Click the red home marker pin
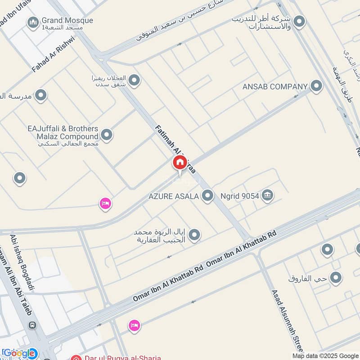[x=179, y=163]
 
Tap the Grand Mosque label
[x=67, y=21]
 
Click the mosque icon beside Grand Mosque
[x=33, y=22]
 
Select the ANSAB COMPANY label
[x=274, y=86]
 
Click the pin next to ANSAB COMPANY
[x=316, y=86]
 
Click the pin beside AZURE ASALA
[x=207, y=196]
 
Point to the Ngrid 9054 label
[x=240, y=196]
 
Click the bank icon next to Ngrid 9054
[x=268, y=195]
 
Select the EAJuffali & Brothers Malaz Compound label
[x=63, y=133]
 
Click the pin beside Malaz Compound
[x=107, y=135]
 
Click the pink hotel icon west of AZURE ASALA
[x=105, y=203]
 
